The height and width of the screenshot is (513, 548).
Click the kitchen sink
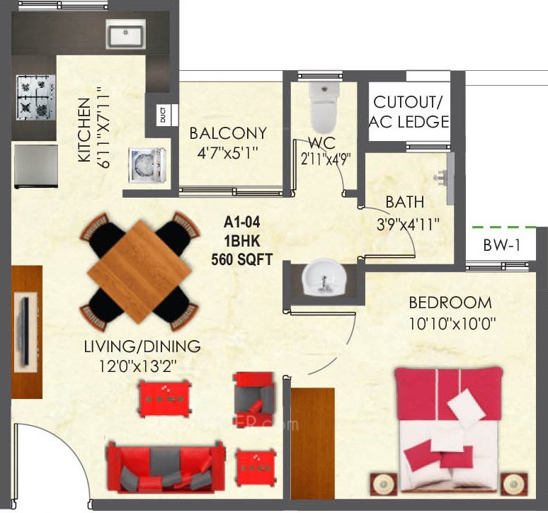[125, 33]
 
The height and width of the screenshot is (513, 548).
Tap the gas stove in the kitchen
[33, 98]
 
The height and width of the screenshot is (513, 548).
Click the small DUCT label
[162, 115]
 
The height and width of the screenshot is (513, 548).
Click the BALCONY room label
[228, 133]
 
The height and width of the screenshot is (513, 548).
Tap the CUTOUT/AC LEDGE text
[411, 111]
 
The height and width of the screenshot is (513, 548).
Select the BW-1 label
[502, 246]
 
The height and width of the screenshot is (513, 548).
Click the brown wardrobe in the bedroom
[312, 443]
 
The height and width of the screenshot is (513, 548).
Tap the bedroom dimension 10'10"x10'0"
[450, 325]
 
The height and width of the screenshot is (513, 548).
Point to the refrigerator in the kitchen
[35, 166]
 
